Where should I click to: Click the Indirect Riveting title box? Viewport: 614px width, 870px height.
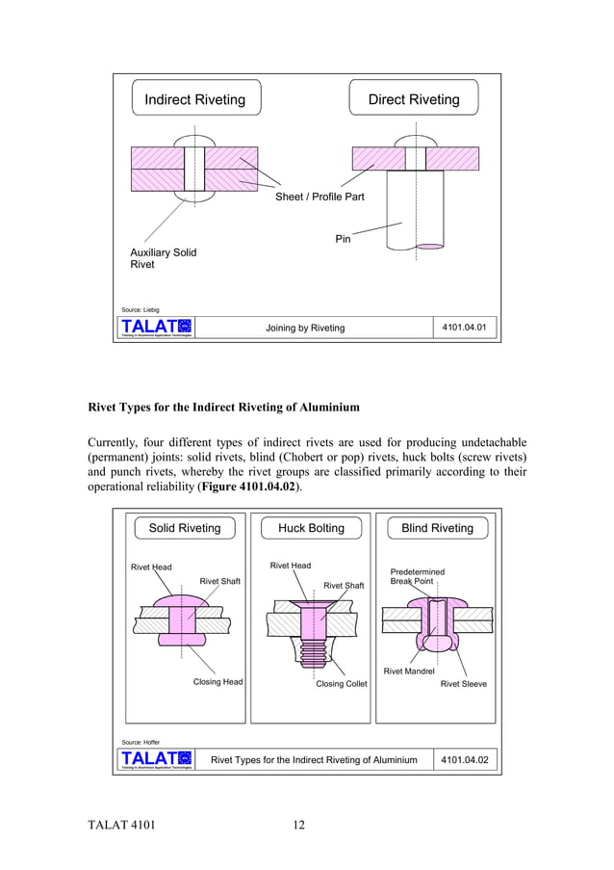tap(195, 99)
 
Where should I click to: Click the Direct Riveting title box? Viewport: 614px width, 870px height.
tap(414, 99)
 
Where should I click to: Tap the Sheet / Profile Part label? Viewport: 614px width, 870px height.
tap(320, 198)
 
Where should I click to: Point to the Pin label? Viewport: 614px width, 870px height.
tap(343, 239)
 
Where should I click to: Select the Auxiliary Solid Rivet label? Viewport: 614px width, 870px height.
tap(163, 258)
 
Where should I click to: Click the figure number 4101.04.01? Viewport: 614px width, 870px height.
tap(464, 328)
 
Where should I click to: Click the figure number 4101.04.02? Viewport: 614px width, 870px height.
tap(464, 760)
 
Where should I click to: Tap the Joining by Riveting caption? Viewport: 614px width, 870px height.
tap(304, 329)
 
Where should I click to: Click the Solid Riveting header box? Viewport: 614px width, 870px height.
tap(184, 528)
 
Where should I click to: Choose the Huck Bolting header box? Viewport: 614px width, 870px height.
tap(311, 528)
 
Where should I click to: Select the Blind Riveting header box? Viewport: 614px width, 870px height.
tap(437, 528)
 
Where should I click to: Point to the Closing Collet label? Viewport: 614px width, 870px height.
tap(342, 684)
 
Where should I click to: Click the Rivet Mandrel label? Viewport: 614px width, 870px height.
tap(409, 672)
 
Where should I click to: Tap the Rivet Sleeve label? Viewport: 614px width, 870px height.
tap(463, 684)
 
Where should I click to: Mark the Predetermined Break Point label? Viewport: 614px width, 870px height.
tap(417, 576)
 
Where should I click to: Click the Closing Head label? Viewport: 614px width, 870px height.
tap(217, 682)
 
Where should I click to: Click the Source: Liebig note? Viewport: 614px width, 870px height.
tap(141, 309)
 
